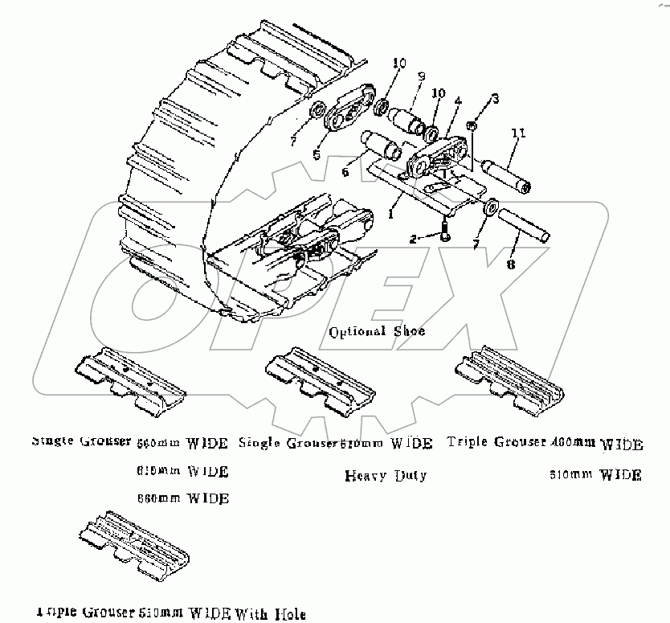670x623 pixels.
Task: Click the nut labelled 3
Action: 474,125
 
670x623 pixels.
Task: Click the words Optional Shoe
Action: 377,331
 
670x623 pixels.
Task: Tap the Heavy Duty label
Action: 385,475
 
